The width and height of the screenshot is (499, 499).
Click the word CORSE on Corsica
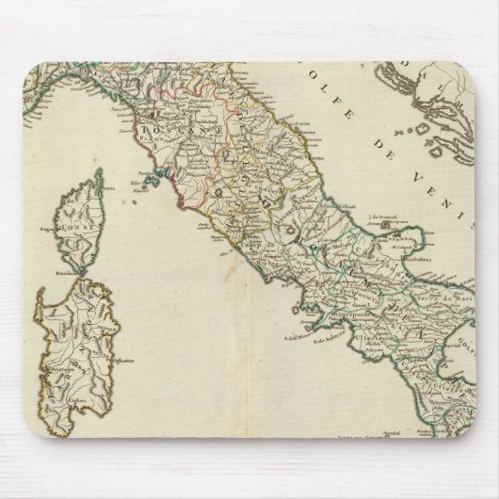[74, 228]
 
